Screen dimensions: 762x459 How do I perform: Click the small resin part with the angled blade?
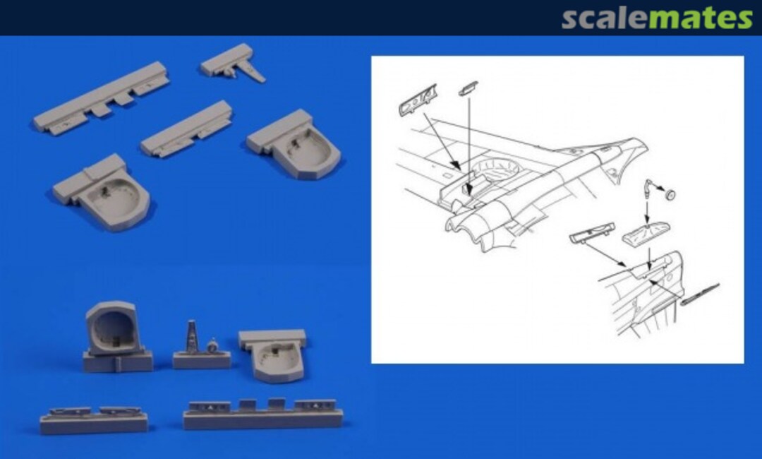(233, 64)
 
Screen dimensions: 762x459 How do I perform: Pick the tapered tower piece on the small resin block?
(192, 336)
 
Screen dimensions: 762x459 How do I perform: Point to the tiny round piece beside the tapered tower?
(212, 346)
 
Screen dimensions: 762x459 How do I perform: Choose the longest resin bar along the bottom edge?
(263, 415)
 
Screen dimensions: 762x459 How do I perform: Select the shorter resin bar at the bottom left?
(93, 420)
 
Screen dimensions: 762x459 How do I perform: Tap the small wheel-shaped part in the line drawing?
(670, 194)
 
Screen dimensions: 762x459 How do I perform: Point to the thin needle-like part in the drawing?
(700, 294)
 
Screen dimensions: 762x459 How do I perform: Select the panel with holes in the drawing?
(418, 100)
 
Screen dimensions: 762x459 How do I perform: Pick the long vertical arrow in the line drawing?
(469, 146)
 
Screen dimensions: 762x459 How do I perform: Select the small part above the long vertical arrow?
(468, 88)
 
